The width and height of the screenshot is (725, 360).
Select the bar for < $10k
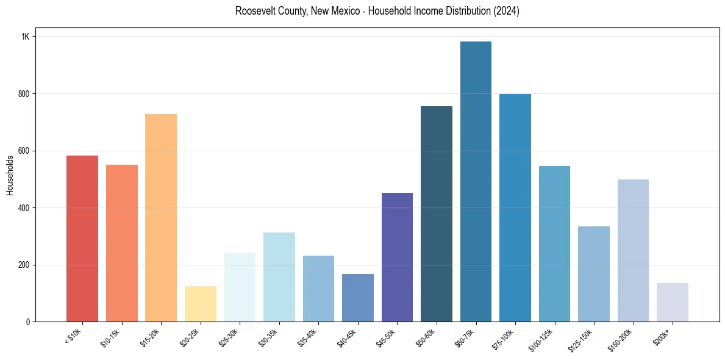coord(82,239)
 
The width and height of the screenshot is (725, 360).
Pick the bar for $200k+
coord(673,302)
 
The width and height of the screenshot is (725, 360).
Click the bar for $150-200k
coord(633,250)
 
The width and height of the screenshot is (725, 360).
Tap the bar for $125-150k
coord(594,274)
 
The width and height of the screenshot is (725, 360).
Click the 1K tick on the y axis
coord(26,37)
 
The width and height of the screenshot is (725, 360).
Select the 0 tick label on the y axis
coord(27,322)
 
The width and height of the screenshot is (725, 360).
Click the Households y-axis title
coord(10,175)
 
